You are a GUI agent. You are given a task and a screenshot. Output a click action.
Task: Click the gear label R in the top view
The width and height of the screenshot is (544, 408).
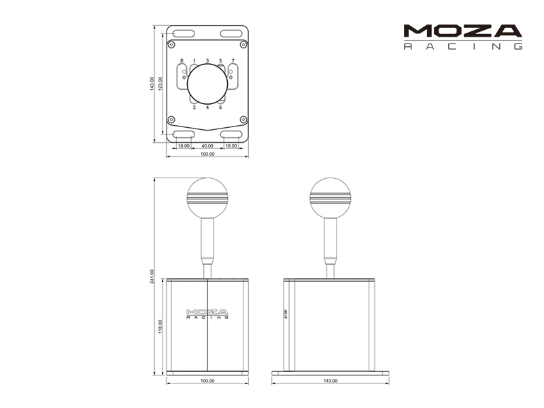point(182,61)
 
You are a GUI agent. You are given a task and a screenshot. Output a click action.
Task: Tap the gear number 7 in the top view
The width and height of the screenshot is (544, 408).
point(233,61)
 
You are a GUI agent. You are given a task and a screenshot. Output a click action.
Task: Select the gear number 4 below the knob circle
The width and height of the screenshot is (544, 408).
point(207,108)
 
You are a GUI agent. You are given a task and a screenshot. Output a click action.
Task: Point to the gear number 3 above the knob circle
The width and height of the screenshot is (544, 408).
point(207,61)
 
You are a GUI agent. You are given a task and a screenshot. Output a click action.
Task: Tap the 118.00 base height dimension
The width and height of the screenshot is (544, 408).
point(160,327)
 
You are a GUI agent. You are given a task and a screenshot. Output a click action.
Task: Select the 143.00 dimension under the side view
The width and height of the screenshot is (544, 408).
point(330,381)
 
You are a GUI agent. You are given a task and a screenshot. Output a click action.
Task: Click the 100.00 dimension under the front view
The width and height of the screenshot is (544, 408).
point(207,381)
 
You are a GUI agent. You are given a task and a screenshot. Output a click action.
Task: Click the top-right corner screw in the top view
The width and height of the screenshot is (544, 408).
point(244,42)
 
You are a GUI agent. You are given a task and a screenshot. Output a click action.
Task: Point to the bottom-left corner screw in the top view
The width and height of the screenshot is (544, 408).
point(171,120)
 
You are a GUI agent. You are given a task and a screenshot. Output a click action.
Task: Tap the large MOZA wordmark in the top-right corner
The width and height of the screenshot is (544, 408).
point(462,31)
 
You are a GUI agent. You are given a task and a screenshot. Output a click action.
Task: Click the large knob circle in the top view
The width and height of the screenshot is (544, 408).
point(207,84)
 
